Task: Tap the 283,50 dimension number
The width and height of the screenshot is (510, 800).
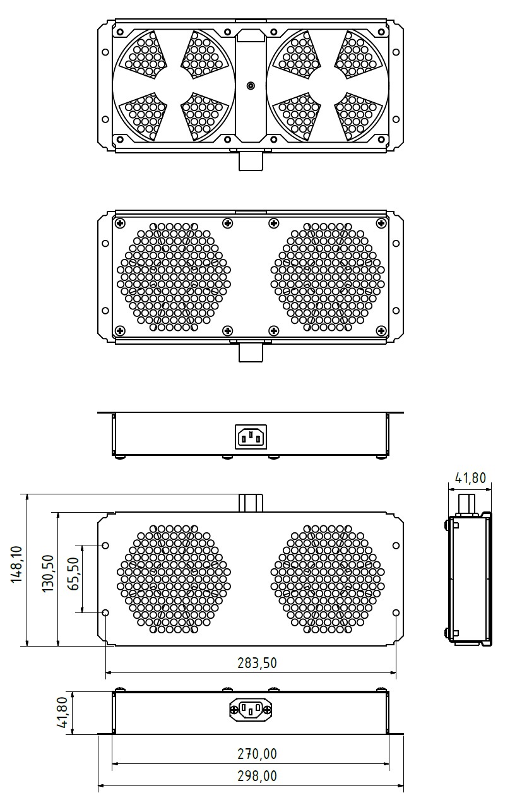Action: [257, 663]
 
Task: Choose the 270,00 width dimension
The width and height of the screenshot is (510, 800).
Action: [257, 754]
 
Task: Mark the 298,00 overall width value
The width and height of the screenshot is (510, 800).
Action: [257, 776]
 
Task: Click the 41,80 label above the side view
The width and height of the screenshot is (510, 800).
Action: [470, 477]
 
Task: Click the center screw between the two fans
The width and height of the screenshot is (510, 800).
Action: [251, 86]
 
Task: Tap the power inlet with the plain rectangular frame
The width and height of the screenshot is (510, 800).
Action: [251, 437]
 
